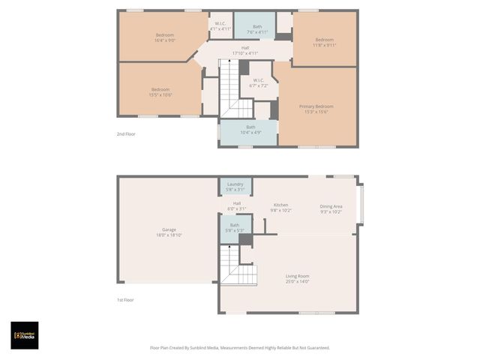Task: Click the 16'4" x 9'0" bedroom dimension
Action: tap(165, 41)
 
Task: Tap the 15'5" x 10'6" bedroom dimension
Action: tap(160, 95)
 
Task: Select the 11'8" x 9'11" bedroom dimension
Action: tap(324, 45)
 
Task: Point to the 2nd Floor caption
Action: tap(125, 134)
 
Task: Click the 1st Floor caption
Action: tap(125, 300)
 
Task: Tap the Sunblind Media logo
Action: tap(25, 335)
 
